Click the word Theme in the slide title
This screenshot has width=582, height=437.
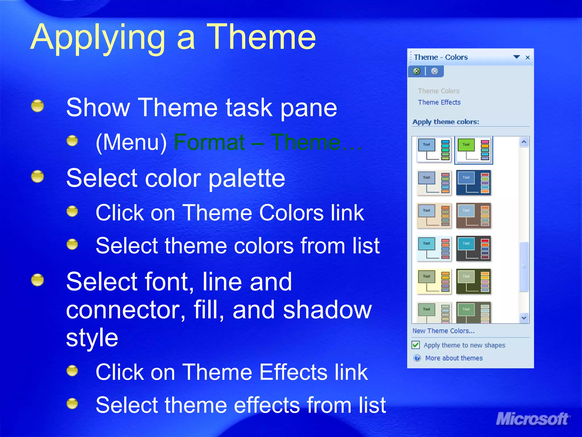[261, 38]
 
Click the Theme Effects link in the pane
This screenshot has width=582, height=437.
[439, 102]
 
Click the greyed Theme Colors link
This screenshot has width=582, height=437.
[438, 91]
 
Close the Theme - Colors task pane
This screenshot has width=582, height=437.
[528, 57]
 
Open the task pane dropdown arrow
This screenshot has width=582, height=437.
[517, 57]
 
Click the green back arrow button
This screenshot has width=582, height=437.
[417, 71]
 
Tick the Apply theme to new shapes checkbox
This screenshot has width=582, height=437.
[416, 345]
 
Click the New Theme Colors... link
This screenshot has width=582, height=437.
[443, 331]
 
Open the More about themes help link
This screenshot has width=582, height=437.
[454, 358]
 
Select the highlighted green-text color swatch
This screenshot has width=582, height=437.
[473, 150]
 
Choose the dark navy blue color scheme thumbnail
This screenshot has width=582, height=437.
[473, 183]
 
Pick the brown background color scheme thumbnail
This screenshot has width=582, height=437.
[473, 216]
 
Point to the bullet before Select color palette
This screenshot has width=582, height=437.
[38, 176]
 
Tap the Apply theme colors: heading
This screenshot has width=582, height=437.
[446, 122]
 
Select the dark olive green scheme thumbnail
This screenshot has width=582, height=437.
[473, 281]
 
